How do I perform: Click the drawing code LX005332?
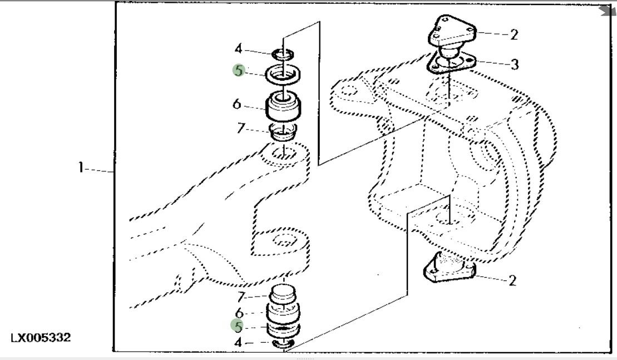(41, 338)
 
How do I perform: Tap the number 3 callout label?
(515, 65)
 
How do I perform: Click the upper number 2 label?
(514, 34)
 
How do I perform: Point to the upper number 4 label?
(239, 50)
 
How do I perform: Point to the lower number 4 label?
(238, 343)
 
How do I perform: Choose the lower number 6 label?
(239, 313)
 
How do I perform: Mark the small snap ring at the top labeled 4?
(284, 55)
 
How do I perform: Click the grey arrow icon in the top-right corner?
(608, 10)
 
